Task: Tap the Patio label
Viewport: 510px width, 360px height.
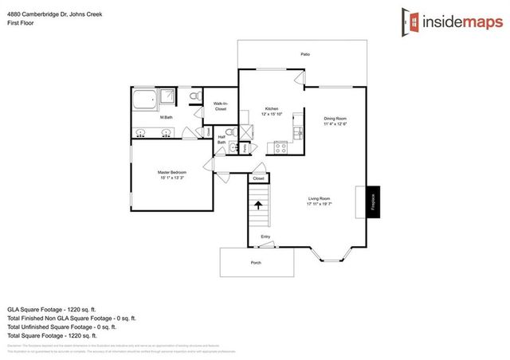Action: [x=304, y=54]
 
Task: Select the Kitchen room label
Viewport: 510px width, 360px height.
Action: [x=271, y=109]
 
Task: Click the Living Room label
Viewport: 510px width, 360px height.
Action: [x=320, y=200]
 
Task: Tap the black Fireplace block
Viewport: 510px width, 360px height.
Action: [x=373, y=202]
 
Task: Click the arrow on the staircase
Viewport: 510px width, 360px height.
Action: [x=258, y=205]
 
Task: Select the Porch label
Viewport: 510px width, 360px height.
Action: [x=256, y=262]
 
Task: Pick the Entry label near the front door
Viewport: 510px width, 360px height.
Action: [x=265, y=237]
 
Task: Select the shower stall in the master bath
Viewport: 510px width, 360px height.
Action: [x=168, y=98]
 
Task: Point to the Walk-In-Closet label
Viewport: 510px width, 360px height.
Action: [x=221, y=106]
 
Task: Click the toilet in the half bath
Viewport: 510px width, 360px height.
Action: [x=229, y=133]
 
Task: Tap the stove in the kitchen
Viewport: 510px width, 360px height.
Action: [x=280, y=146]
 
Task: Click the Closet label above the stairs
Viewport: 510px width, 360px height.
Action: [x=258, y=178]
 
